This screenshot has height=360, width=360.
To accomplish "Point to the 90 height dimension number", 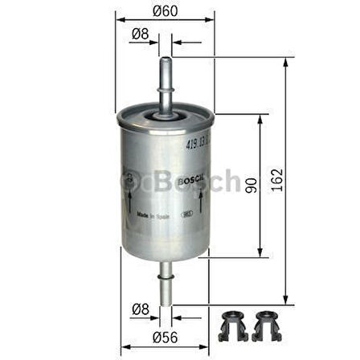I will tap(250, 186).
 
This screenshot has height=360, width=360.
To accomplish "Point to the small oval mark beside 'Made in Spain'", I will tap(186, 215).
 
